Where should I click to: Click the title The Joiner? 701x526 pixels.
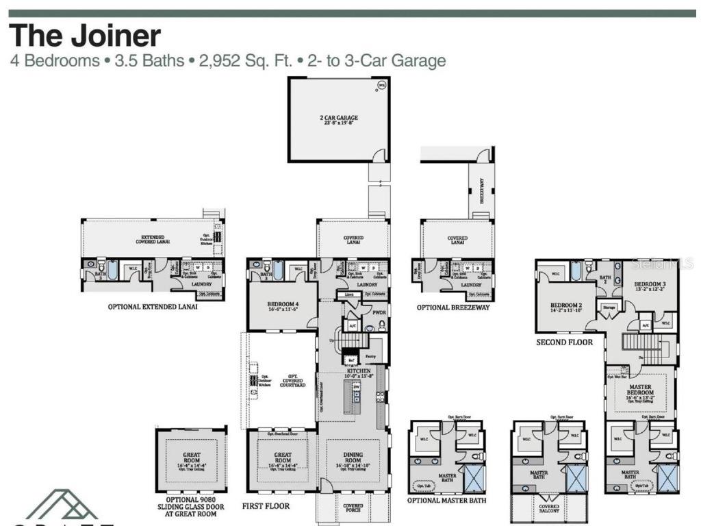tap(85, 36)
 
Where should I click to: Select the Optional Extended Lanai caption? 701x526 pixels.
tap(153, 307)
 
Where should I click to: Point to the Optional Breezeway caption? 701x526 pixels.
tap(453, 308)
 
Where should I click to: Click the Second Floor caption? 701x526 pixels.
tap(564, 342)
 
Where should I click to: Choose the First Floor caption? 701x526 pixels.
tap(266, 506)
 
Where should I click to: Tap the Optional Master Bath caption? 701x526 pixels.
tap(446, 501)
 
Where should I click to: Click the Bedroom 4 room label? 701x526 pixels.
tap(282, 306)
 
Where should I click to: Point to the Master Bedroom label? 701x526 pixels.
tap(640, 390)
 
